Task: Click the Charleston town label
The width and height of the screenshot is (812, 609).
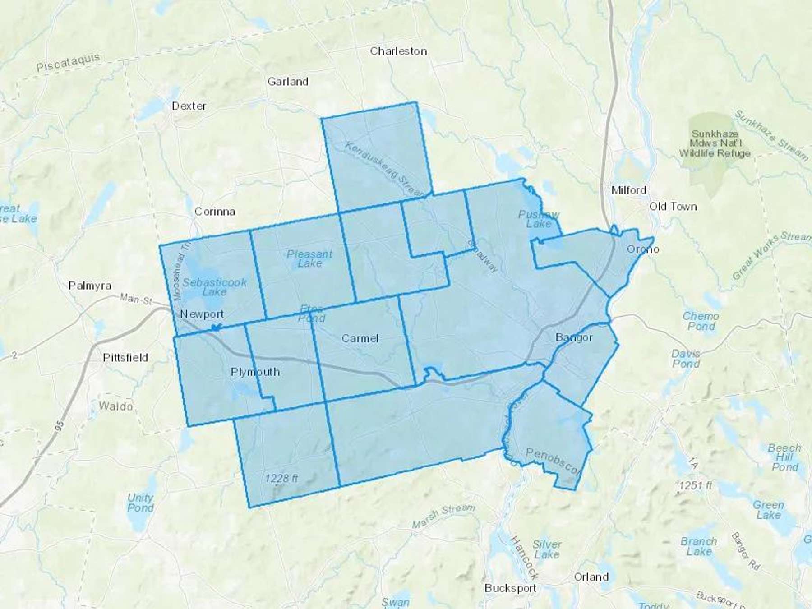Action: click(398, 51)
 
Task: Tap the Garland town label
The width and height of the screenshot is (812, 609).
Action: click(288, 82)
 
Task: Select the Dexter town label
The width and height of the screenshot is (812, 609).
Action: click(189, 106)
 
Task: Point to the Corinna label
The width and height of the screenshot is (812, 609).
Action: click(215, 212)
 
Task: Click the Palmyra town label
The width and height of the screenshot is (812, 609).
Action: click(90, 286)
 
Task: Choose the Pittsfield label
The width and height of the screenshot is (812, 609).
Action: click(125, 358)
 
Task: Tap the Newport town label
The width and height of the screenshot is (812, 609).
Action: click(202, 314)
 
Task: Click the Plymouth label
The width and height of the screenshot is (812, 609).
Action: click(255, 372)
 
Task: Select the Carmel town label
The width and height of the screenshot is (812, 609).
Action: click(360, 338)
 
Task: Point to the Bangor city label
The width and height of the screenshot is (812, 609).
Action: click(574, 337)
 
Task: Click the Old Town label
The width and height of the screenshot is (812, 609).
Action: click(673, 207)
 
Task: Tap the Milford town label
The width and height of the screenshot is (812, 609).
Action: click(628, 190)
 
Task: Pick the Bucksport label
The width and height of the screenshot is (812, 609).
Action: click(510, 588)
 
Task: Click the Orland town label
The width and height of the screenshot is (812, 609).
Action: click(591, 577)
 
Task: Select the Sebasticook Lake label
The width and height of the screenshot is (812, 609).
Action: click(214, 287)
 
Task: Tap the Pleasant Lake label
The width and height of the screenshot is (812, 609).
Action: click(309, 258)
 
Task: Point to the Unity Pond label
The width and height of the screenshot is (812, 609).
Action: click(140, 503)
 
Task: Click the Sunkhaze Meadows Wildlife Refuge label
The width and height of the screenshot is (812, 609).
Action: click(715, 143)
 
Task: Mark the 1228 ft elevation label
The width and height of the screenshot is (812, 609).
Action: click(281, 478)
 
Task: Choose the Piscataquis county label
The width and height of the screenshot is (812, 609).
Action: click(68, 63)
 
